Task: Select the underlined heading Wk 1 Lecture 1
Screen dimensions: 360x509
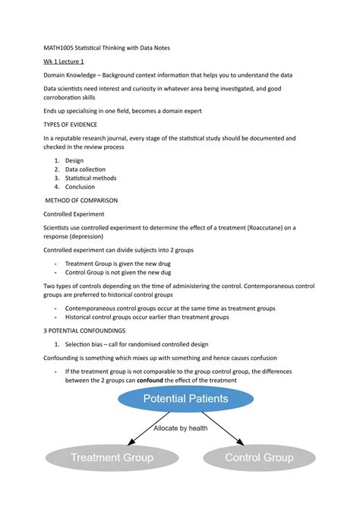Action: pyautogui.click(x=64, y=62)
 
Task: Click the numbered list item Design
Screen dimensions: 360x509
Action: pyautogui.click(x=74, y=160)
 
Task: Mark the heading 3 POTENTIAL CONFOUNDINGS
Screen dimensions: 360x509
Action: pyautogui.click(x=85, y=331)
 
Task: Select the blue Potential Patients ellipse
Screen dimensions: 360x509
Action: pyautogui.click(x=185, y=398)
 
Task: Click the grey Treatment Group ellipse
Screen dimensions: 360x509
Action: pyautogui.click(x=112, y=457)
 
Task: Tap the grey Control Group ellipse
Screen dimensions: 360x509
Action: pyautogui.click(x=258, y=457)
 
